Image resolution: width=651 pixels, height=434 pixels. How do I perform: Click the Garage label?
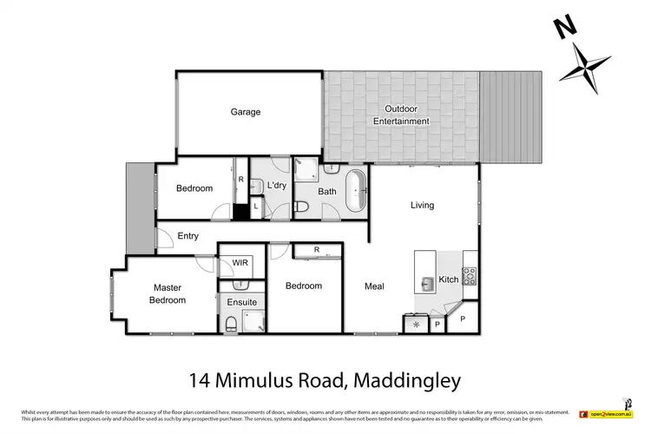pyautogui.click(x=245, y=112)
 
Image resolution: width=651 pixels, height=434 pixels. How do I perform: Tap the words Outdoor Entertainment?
pyautogui.click(x=401, y=115)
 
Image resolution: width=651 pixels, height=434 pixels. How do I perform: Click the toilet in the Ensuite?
pyautogui.click(x=232, y=325)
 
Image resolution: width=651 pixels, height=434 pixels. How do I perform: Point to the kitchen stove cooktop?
pyautogui.click(x=470, y=276)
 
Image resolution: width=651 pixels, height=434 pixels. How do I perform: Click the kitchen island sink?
pyautogui.click(x=427, y=282)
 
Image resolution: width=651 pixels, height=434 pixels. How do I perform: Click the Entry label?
pyautogui.click(x=187, y=236)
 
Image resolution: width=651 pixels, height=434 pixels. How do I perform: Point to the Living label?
pyautogui.click(x=422, y=206)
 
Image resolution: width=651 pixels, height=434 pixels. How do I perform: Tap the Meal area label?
pyautogui.click(x=374, y=286)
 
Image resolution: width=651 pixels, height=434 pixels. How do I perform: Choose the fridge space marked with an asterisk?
pyautogui.click(x=416, y=324)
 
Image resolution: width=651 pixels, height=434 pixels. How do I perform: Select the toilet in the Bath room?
pyautogui.click(x=301, y=207)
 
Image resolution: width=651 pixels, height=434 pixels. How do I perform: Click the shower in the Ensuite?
pyautogui.click(x=253, y=324)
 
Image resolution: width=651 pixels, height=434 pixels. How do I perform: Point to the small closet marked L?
pyautogui.click(x=255, y=207)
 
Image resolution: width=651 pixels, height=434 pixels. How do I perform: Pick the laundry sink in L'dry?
pyautogui.click(x=256, y=186)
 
